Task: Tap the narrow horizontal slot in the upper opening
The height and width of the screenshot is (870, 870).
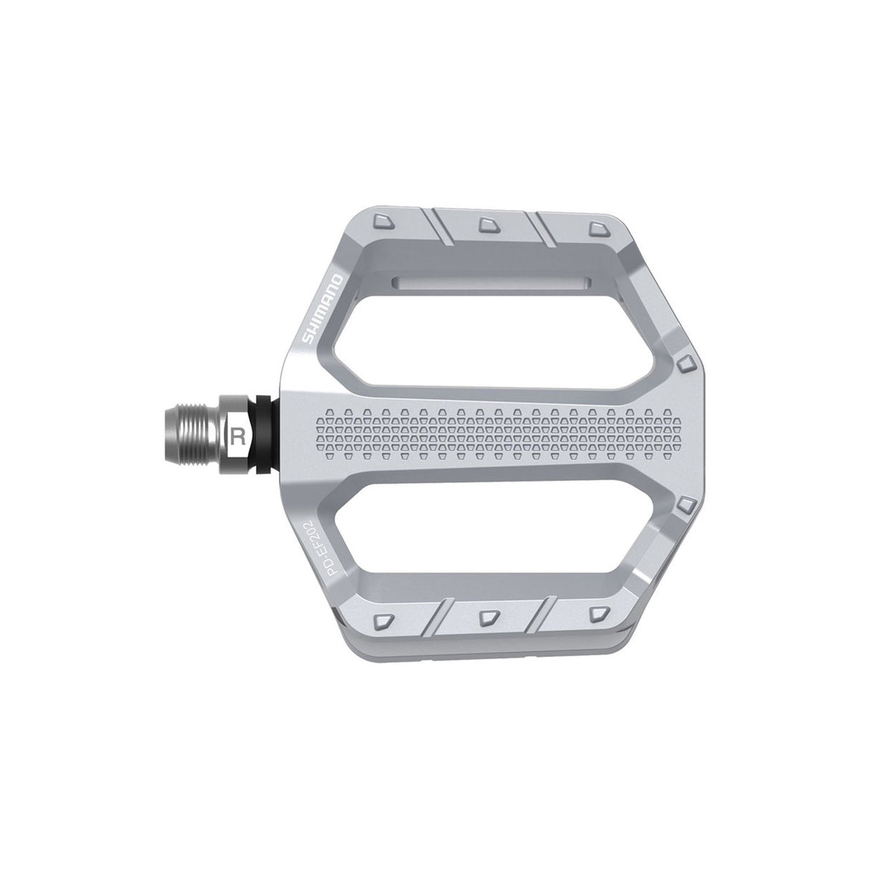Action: coord(491,281)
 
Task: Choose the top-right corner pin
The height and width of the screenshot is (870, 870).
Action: coord(596,227)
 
